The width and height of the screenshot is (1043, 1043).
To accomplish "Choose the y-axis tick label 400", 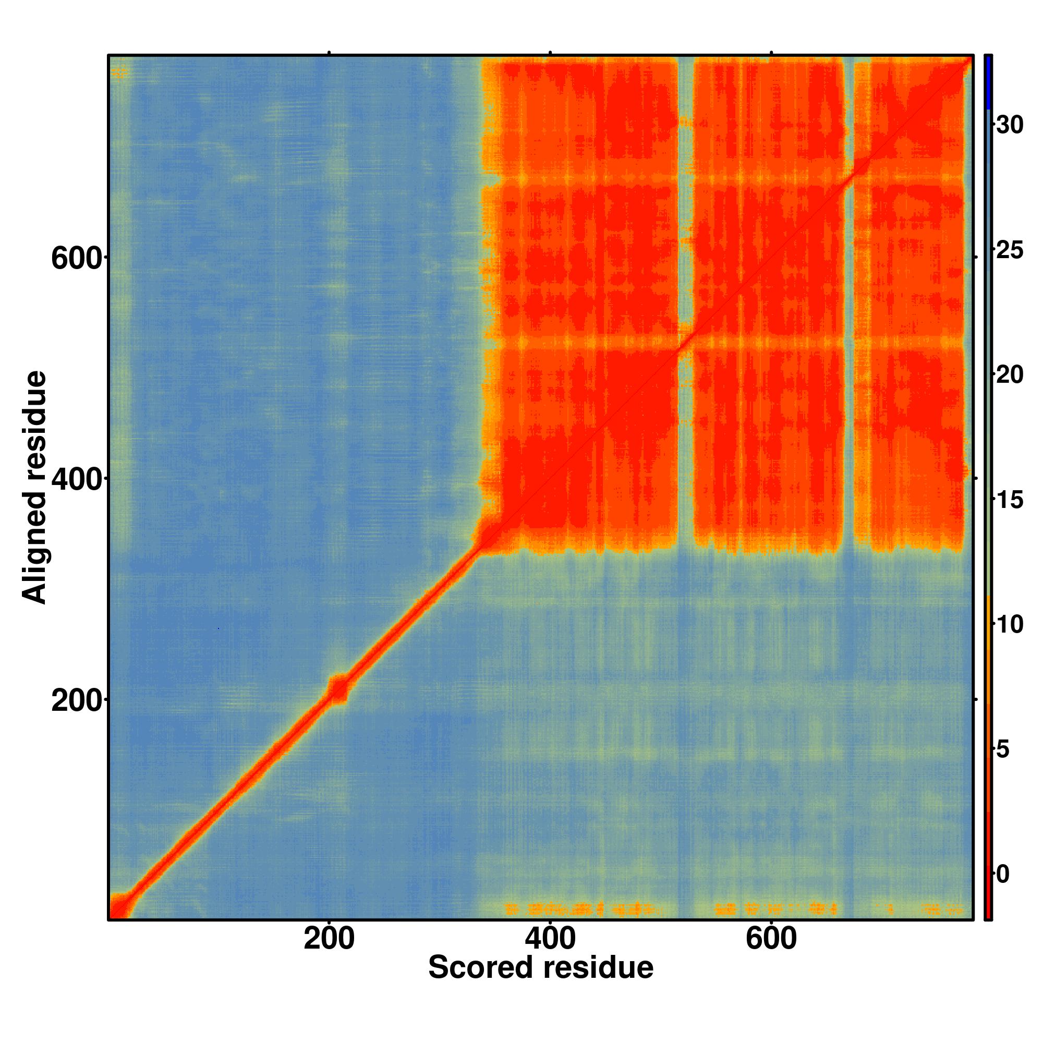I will (x=76, y=480).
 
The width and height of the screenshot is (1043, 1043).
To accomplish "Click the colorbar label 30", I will (x=1010, y=125).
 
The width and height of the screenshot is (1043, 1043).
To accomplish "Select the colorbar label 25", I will (x=1010, y=250).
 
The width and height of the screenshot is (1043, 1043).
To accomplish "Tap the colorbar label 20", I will (x=1010, y=375).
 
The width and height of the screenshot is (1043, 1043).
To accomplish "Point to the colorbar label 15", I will (x=1010, y=500).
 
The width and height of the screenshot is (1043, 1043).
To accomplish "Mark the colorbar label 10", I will (x=1010, y=625).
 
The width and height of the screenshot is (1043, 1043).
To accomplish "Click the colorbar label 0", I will (x=1003, y=874).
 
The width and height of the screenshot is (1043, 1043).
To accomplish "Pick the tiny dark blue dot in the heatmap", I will (x=218, y=628).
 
